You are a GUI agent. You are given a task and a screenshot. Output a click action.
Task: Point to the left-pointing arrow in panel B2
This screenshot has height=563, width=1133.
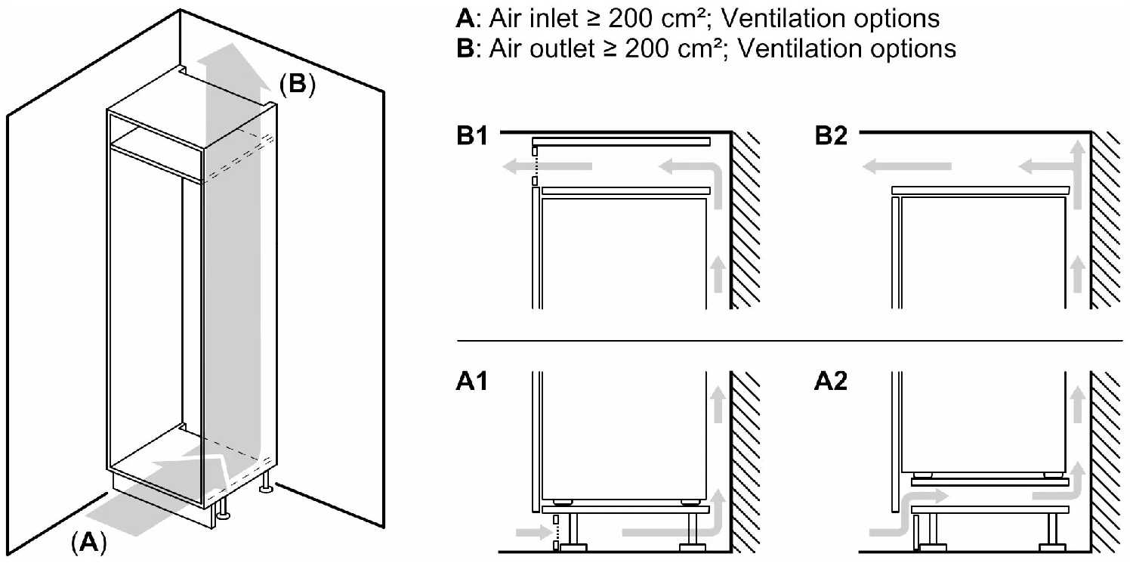click(907, 166)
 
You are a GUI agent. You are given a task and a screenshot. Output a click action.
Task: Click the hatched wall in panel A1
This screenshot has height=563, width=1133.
click(748, 469)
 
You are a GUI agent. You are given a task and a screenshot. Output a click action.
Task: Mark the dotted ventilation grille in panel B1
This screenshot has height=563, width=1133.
click(536, 166)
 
